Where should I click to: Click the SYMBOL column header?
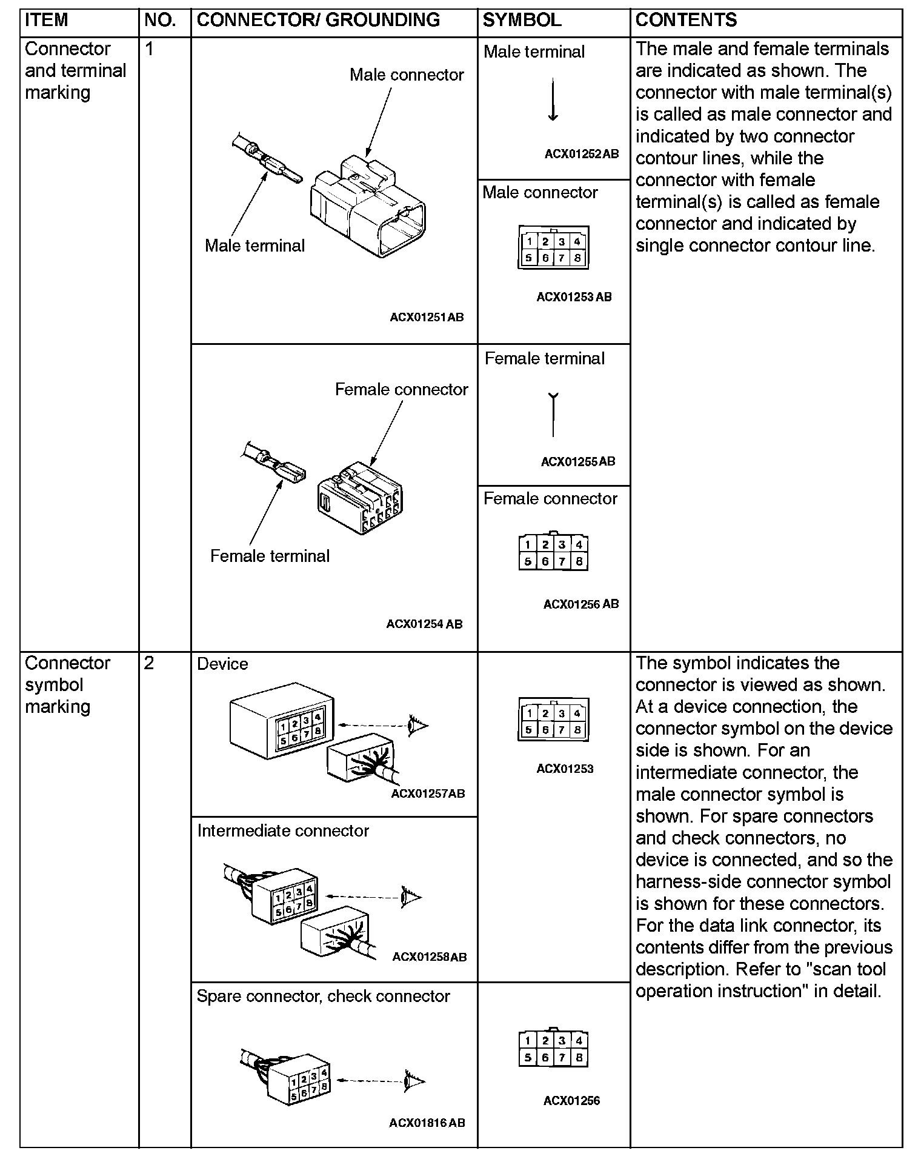point(522,20)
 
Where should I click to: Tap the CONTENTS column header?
point(686,20)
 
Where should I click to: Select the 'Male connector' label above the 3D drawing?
point(407,75)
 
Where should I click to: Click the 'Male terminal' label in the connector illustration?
point(254,245)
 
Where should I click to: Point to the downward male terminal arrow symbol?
point(553,99)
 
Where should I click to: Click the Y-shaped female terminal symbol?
point(553,415)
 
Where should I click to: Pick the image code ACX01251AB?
point(427,317)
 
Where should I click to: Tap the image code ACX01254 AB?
point(424,624)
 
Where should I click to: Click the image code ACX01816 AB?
point(427,1123)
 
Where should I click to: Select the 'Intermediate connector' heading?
point(283,830)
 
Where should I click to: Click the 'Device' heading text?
point(222,664)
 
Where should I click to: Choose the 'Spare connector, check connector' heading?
point(323,997)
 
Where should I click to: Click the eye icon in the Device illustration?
point(418,724)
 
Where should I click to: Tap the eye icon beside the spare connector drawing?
point(415,1081)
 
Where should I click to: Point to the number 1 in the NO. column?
point(150,49)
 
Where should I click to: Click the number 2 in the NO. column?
point(150,663)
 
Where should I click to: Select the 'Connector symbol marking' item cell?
point(67,684)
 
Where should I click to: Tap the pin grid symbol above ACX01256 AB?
point(553,553)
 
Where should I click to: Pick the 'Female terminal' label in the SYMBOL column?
point(544,359)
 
